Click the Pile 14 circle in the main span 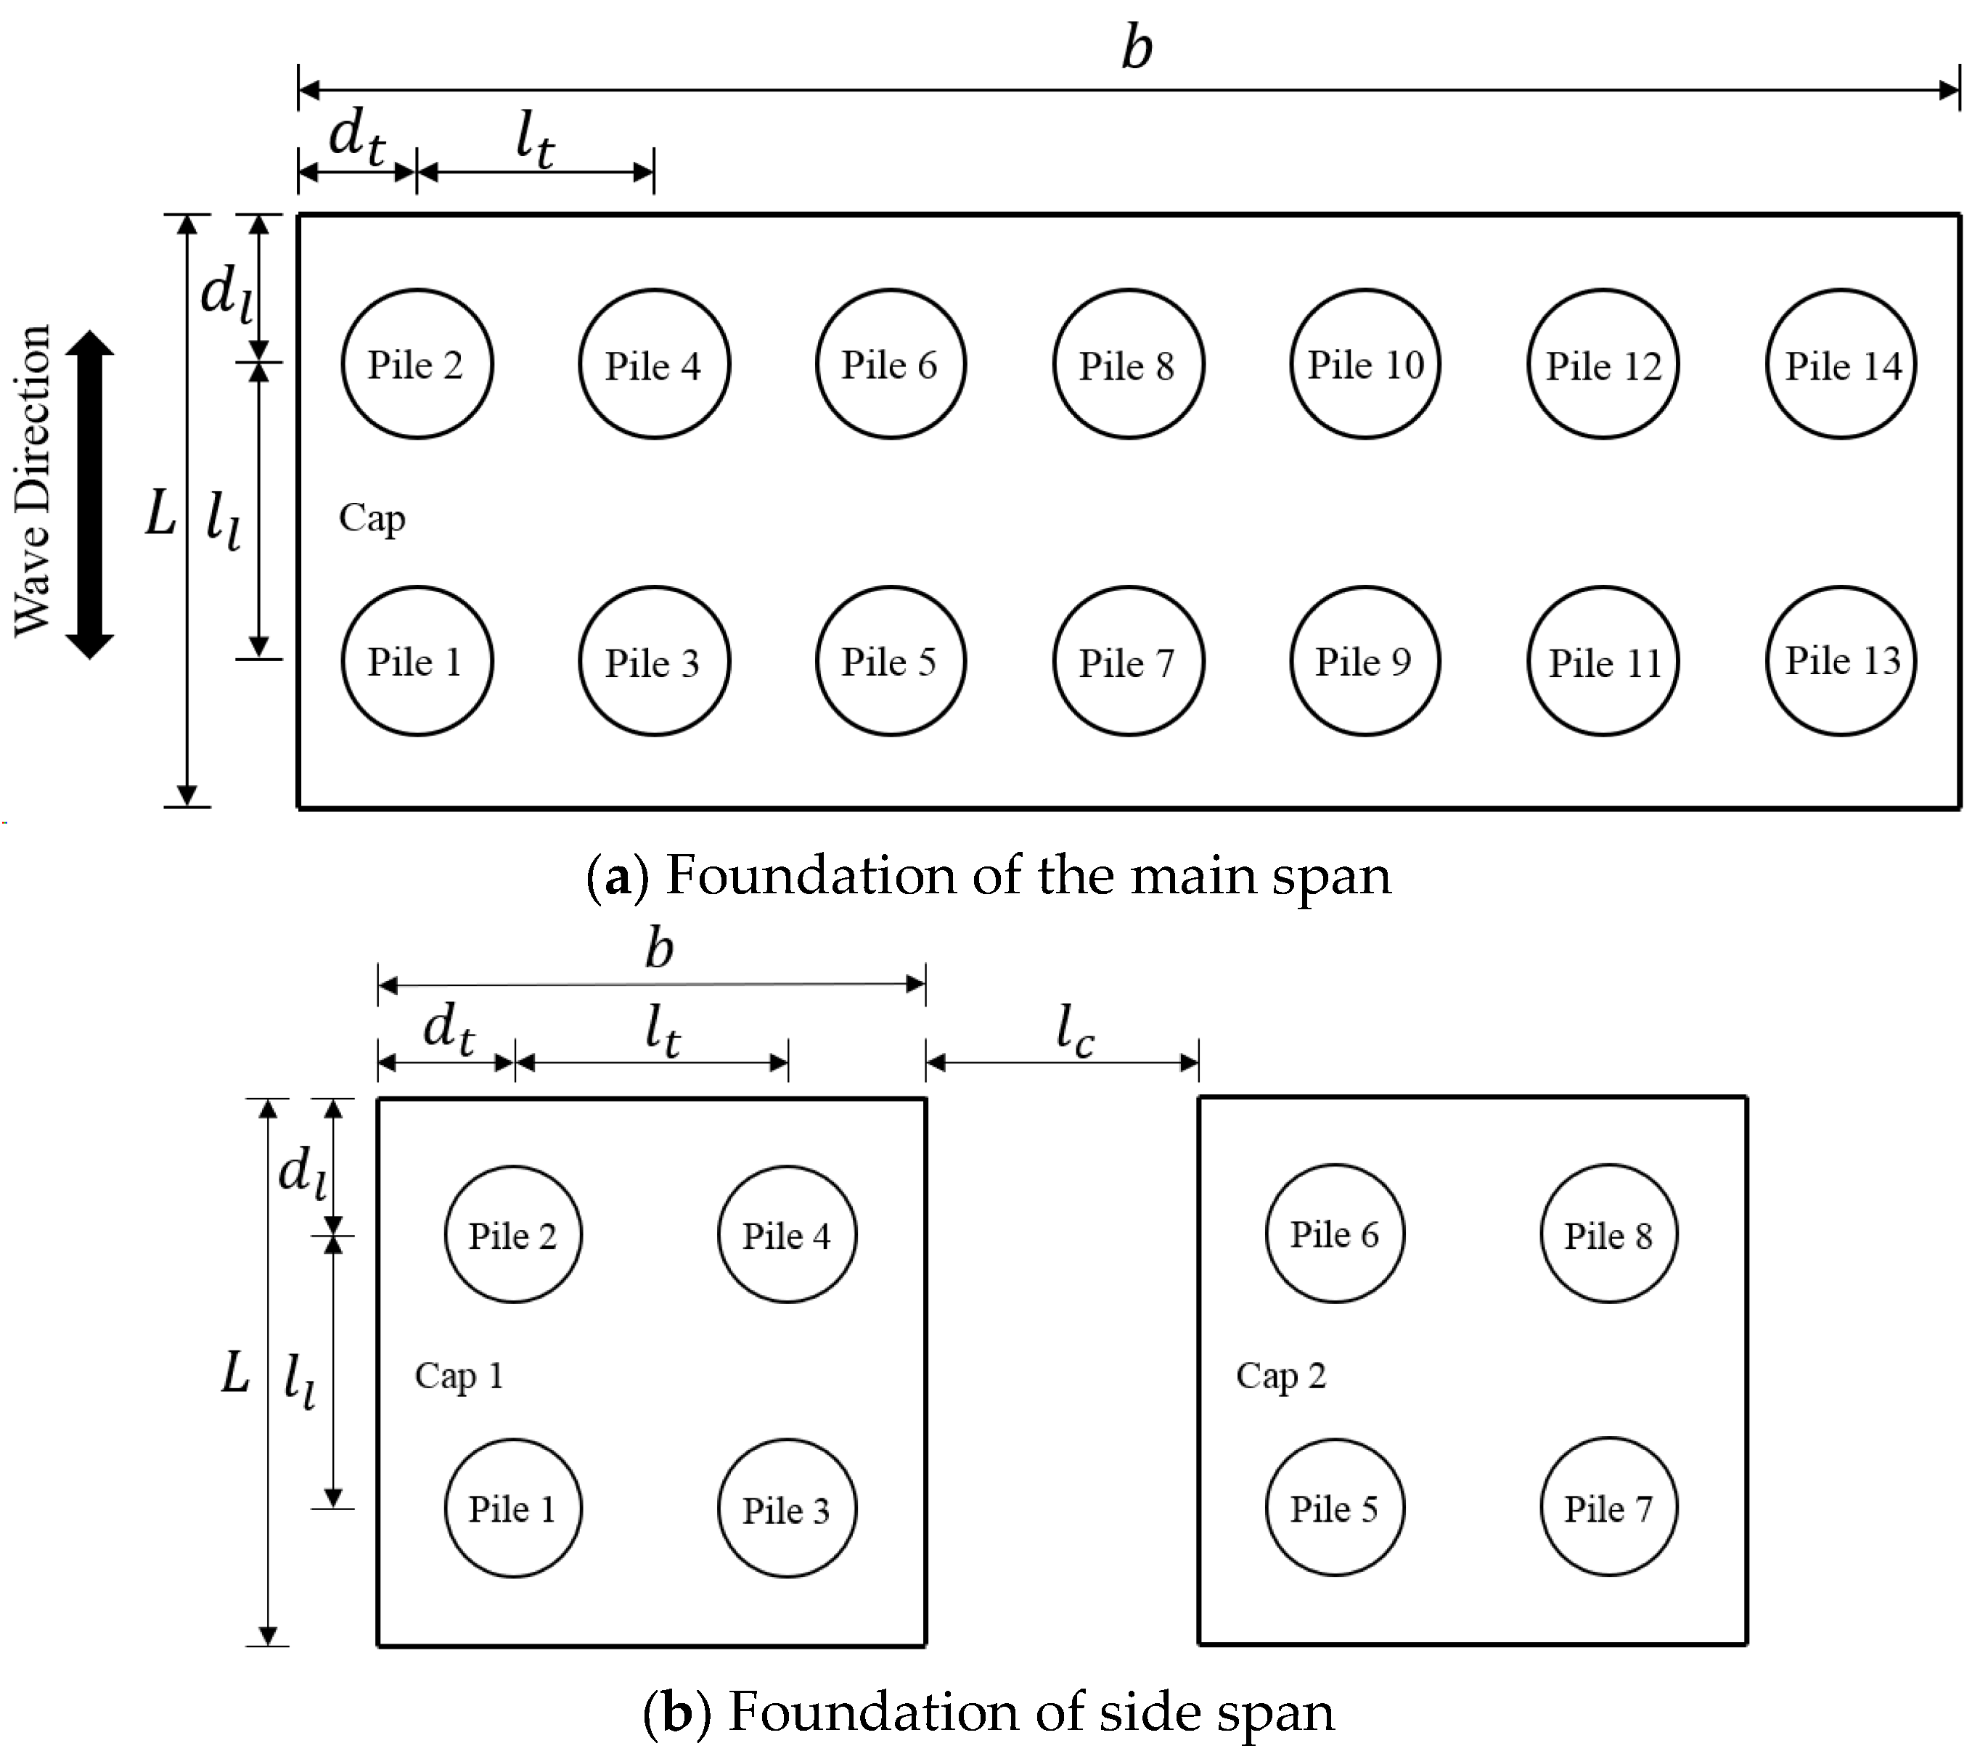1841,364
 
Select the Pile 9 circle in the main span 1365,660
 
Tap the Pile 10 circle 1365,364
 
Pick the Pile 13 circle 1841,660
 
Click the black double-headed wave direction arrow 90,494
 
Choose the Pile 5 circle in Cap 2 1334,1508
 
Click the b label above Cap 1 660,948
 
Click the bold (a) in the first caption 617,876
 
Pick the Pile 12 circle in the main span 1603,364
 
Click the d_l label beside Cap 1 301,1171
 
